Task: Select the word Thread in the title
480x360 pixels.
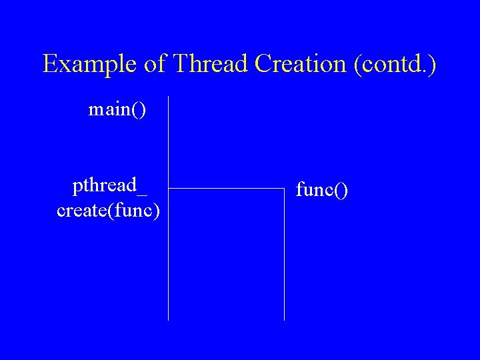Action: click(208, 64)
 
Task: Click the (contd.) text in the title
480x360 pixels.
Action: click(396, 65)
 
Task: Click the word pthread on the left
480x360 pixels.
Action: click(103, 185)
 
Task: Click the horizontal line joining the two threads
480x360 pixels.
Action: click(227, 189)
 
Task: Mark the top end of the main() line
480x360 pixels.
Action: click(169, 97)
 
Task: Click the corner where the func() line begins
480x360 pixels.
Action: click(285, 189)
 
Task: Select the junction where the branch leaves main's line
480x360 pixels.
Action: click(169, 189)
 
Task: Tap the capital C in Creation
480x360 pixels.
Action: click(261, 64)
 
